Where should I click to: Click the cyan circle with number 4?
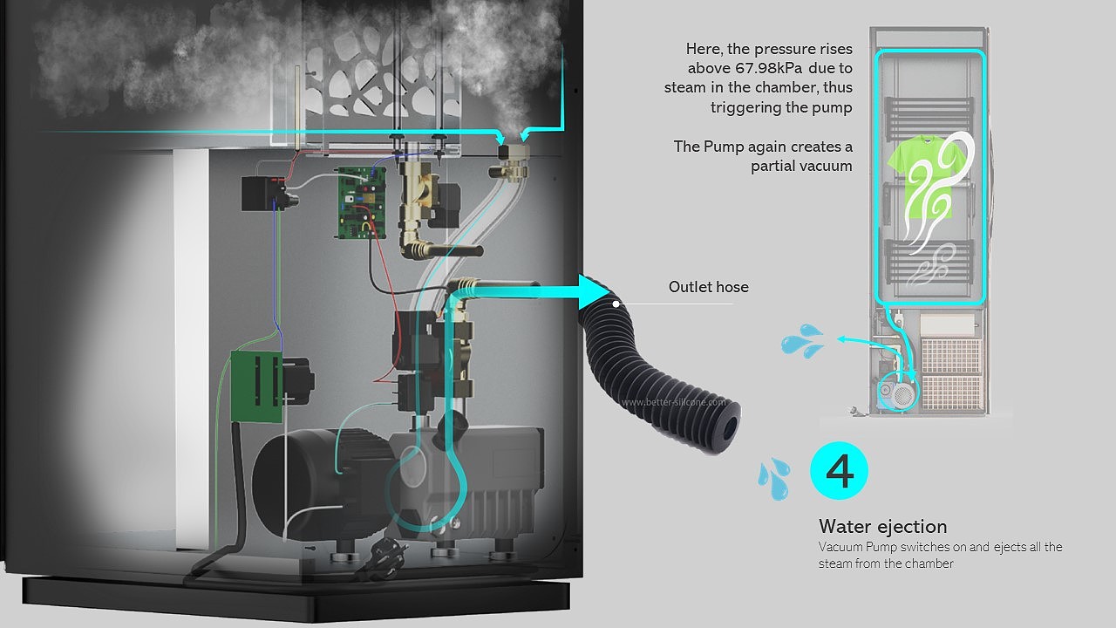[x=839, y=472]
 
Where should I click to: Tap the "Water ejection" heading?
[x=882, y=527]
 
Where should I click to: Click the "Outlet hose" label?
[x=708, y=287]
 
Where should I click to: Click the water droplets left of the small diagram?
[x=802, y=341]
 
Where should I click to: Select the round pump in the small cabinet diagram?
[x=898, y=391]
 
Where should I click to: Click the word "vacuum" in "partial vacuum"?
[x=826, y=166]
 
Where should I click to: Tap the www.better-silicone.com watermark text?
[x=673, y=402]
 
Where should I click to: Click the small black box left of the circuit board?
[x=265, y=193]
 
